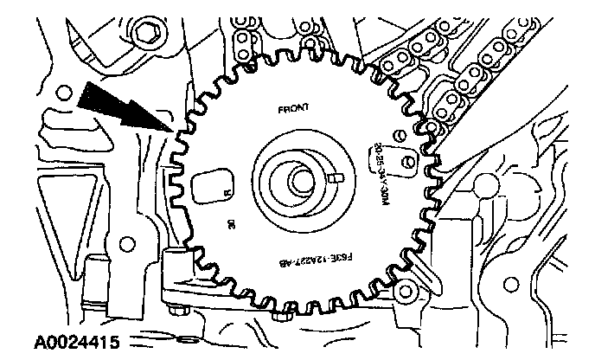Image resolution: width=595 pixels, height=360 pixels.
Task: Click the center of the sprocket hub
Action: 300,182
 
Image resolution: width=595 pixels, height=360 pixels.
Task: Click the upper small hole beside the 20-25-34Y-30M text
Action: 399,135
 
